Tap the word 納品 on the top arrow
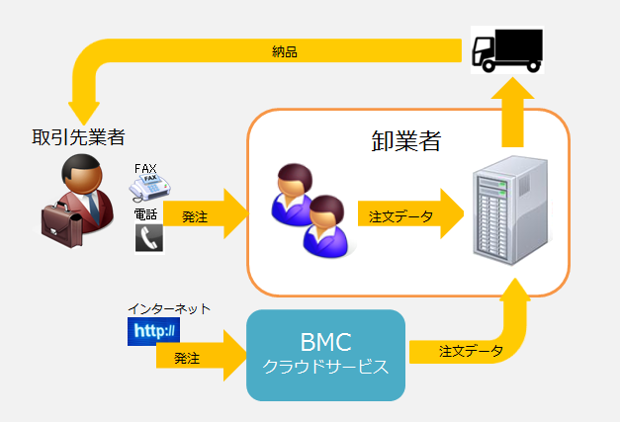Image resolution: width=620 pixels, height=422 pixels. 285,50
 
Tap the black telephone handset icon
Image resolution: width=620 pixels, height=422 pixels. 148,237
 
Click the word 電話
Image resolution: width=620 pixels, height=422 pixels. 145,213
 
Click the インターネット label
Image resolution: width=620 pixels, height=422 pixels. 168,309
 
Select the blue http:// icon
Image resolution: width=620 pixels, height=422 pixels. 152,331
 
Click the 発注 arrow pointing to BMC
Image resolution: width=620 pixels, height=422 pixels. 198,357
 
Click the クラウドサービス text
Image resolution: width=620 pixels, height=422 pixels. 325,367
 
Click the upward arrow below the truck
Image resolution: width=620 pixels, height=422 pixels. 514,109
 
